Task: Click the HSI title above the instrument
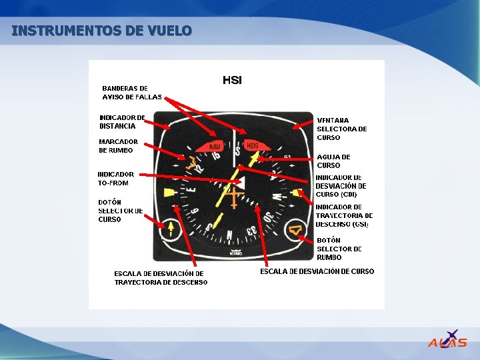(x=232, y=81)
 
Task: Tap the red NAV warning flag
(x=214, y=146)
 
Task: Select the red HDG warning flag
(x=252, y=145)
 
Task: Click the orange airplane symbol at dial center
(x=234, y=195)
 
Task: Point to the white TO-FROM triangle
(x=243, y=181)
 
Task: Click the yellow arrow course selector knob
(x=171, y=230)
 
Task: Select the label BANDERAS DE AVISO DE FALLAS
(x=131, y=92)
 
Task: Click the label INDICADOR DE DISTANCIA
(x=122, y=121)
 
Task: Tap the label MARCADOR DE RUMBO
(x=118, y=145)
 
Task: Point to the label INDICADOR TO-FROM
(x=115, y=178)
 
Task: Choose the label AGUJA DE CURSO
(x=333, y=161)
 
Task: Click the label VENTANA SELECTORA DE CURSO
(x=341, y=129)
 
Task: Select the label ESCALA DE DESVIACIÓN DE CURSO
(x=317, y=271)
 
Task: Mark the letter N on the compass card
(x=229, y=234)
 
